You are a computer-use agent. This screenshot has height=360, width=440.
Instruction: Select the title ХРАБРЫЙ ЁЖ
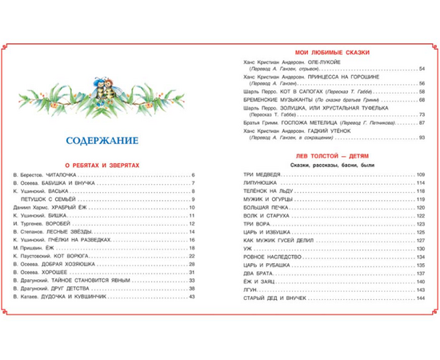(x=72, y=209)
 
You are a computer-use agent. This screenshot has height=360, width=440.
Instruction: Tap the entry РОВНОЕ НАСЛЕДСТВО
(x=266, y=257)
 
